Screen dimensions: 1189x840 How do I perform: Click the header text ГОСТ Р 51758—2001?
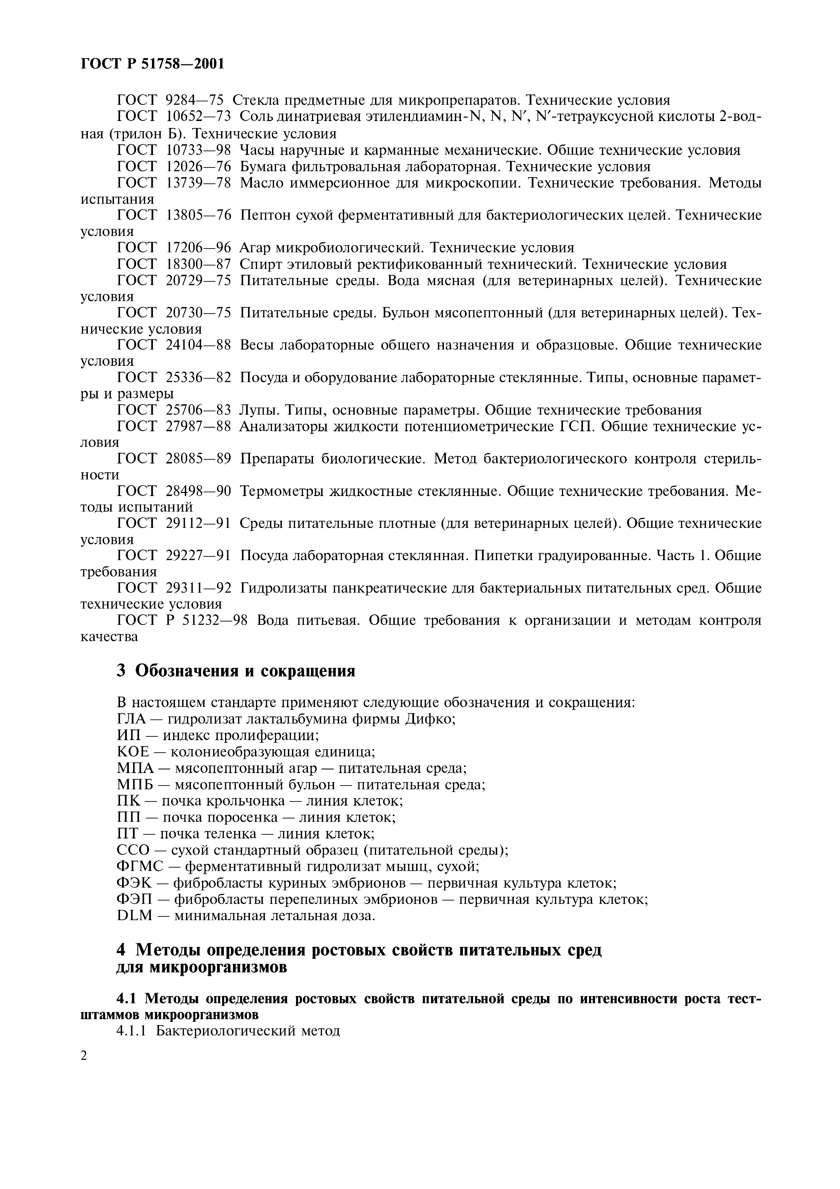[153, 64]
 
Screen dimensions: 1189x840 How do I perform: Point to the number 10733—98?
[198, 150]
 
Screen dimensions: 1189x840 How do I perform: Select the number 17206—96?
[198, 247]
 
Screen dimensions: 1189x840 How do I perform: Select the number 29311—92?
[198, 588]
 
